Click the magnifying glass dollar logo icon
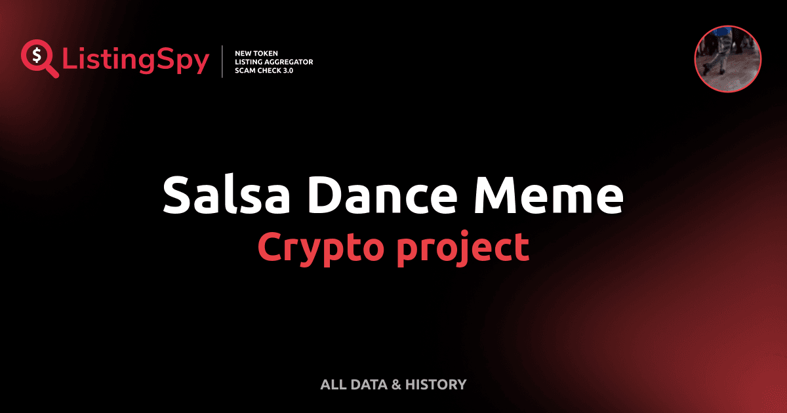(38, 58)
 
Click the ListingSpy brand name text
(136, 60)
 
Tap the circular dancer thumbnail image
(728, 59)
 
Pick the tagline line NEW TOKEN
(256, 52)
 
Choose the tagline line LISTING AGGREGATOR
(273, 62)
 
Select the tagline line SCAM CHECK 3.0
(264, 70)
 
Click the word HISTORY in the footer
(435, 385)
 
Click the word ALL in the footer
(334, 385)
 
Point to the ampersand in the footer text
(395, 385)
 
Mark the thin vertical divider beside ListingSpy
(223, 61)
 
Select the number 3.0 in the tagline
(287, 70)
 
